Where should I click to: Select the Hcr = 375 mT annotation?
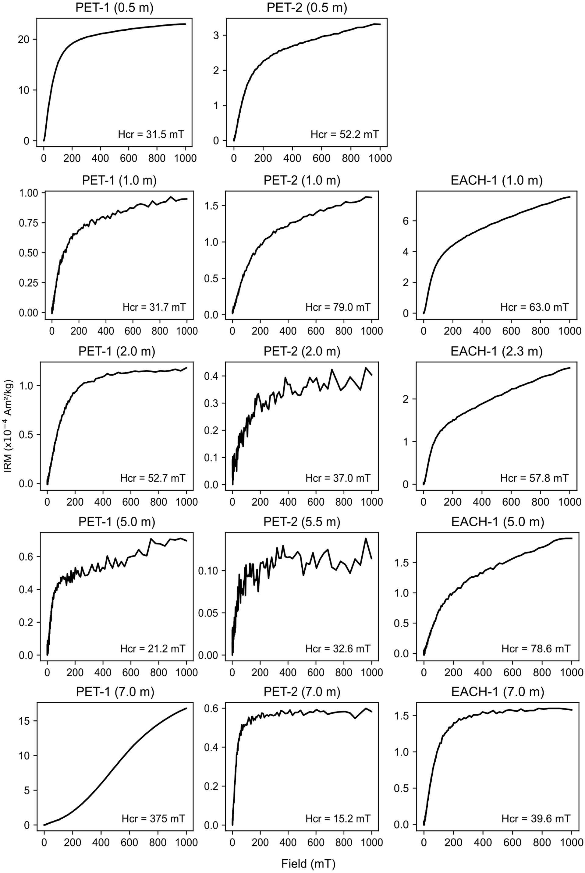[153, 819]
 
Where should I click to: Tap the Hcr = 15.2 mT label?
[338, 819]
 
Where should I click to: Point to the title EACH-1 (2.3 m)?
[497, 351]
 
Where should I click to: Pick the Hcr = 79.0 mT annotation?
[338, 307]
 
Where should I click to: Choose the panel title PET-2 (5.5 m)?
[302, 522]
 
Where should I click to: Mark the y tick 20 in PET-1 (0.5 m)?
[23, 39]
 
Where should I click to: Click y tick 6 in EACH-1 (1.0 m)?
[406, 221]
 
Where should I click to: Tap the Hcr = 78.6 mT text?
[536, 649]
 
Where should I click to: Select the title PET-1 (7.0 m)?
[115, 692]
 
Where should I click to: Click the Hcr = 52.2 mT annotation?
[345, 134]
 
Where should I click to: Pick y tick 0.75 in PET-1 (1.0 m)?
[29, 223]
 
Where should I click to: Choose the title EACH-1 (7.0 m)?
[498, 692]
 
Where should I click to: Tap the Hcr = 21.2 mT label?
[153, 649]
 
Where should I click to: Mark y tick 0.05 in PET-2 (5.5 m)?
[209, 613]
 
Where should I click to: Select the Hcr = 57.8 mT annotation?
[534, 478]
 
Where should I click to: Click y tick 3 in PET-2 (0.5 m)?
[215, 35]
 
